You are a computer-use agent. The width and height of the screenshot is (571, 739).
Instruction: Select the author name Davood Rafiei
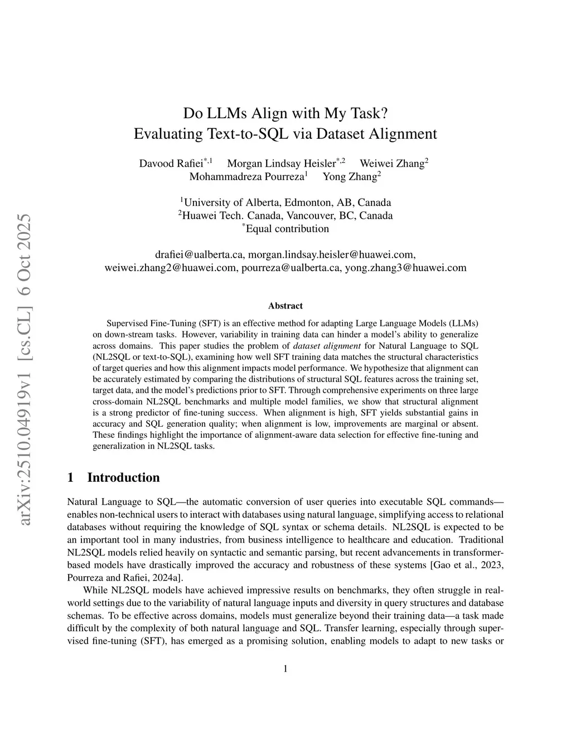[x=171, y=163]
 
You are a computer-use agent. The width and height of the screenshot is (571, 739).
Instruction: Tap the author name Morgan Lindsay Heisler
[x=282, y=163]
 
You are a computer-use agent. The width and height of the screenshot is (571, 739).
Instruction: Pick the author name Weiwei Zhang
[x=391, y=163]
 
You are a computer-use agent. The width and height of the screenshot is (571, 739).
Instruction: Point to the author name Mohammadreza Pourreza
[x=246, y=177]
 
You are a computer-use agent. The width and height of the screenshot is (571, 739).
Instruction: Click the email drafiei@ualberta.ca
[x=199, y=254]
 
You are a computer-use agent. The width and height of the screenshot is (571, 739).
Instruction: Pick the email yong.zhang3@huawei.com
[x=405, y=268]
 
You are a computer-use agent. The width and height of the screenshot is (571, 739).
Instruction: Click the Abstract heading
[x=285, y=306]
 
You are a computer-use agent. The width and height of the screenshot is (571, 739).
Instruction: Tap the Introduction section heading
[x=123, y=477]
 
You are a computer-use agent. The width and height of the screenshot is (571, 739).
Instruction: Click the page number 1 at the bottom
[x=285, y=669]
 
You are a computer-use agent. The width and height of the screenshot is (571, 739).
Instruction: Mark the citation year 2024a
[x=164, y=578]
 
